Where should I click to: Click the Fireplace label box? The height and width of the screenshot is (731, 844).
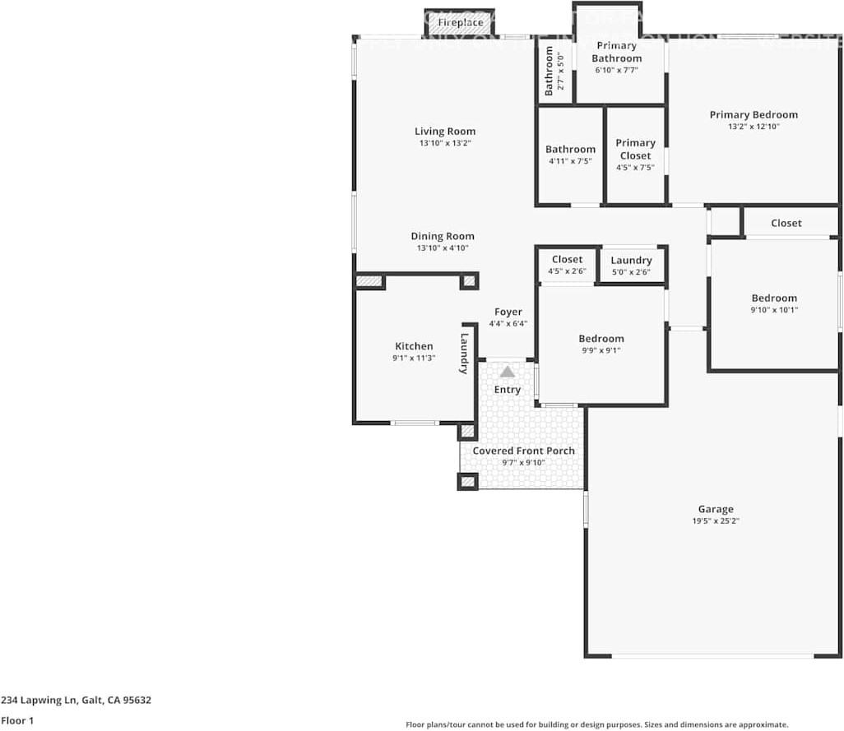[460, 23]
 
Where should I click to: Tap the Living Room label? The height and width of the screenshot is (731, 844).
[444, 132]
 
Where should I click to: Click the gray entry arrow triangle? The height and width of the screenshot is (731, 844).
[507, 372]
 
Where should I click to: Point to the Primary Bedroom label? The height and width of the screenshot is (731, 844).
[754, 115]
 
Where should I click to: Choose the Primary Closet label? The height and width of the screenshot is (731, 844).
[635, 149]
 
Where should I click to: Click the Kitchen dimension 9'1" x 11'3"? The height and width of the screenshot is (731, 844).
[414, 358]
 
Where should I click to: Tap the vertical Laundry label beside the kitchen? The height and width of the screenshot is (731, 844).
[465, 353]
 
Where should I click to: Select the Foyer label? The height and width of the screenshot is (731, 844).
[508, 312]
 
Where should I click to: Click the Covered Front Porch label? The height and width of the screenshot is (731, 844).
[523, 451]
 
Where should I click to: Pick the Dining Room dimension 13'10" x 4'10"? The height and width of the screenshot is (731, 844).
[443, 248]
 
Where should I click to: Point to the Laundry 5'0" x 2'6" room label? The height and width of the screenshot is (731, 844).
[631, 261]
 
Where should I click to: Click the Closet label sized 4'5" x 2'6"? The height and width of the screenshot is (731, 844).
[567, 260]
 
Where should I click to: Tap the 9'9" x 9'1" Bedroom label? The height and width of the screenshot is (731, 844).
[601, 339]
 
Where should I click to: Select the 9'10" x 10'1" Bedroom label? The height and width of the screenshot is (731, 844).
[773, 298]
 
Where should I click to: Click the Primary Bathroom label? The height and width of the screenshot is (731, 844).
[617, 52]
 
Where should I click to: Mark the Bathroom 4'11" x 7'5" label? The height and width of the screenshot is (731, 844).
[570, 150]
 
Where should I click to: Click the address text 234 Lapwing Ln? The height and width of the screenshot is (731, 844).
[76, 701]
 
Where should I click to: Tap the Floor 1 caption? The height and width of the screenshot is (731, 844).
[17, 720]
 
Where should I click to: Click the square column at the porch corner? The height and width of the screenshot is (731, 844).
[467, 481]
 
